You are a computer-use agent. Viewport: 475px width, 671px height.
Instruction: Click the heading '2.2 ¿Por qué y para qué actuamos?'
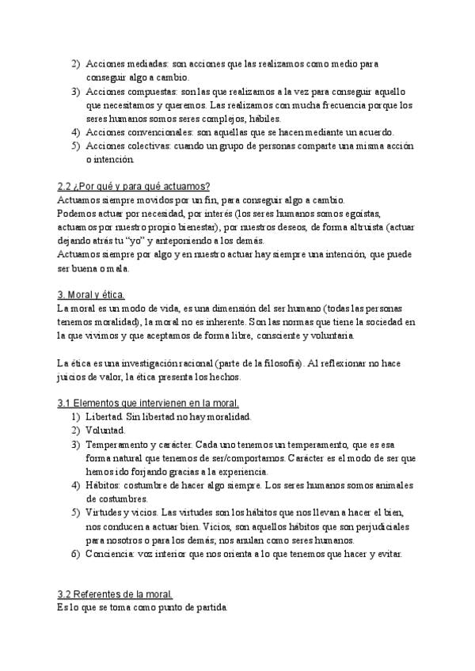[133, 188]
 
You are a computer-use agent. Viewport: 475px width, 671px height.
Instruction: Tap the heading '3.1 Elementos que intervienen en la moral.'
[154, 403]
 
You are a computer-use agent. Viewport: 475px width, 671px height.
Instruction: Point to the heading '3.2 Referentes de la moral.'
[115, 594]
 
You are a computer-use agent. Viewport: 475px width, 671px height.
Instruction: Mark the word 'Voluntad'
[105, 430]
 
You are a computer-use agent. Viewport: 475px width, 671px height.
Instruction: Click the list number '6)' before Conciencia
[75, 553]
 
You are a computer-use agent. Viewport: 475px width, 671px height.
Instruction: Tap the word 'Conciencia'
[110, 553]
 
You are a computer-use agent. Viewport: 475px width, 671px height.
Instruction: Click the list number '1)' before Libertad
[75, 416]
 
